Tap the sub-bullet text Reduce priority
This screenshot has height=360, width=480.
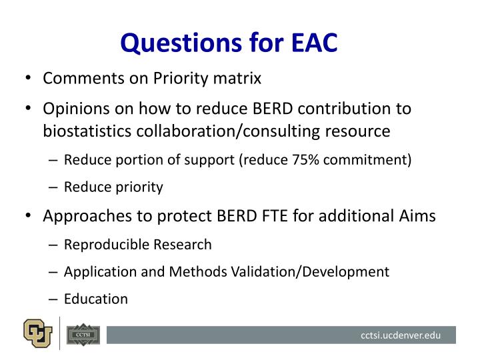point(113,187)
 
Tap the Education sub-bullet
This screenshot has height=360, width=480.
point(96,299)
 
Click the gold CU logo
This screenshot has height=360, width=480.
point(38,333)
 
